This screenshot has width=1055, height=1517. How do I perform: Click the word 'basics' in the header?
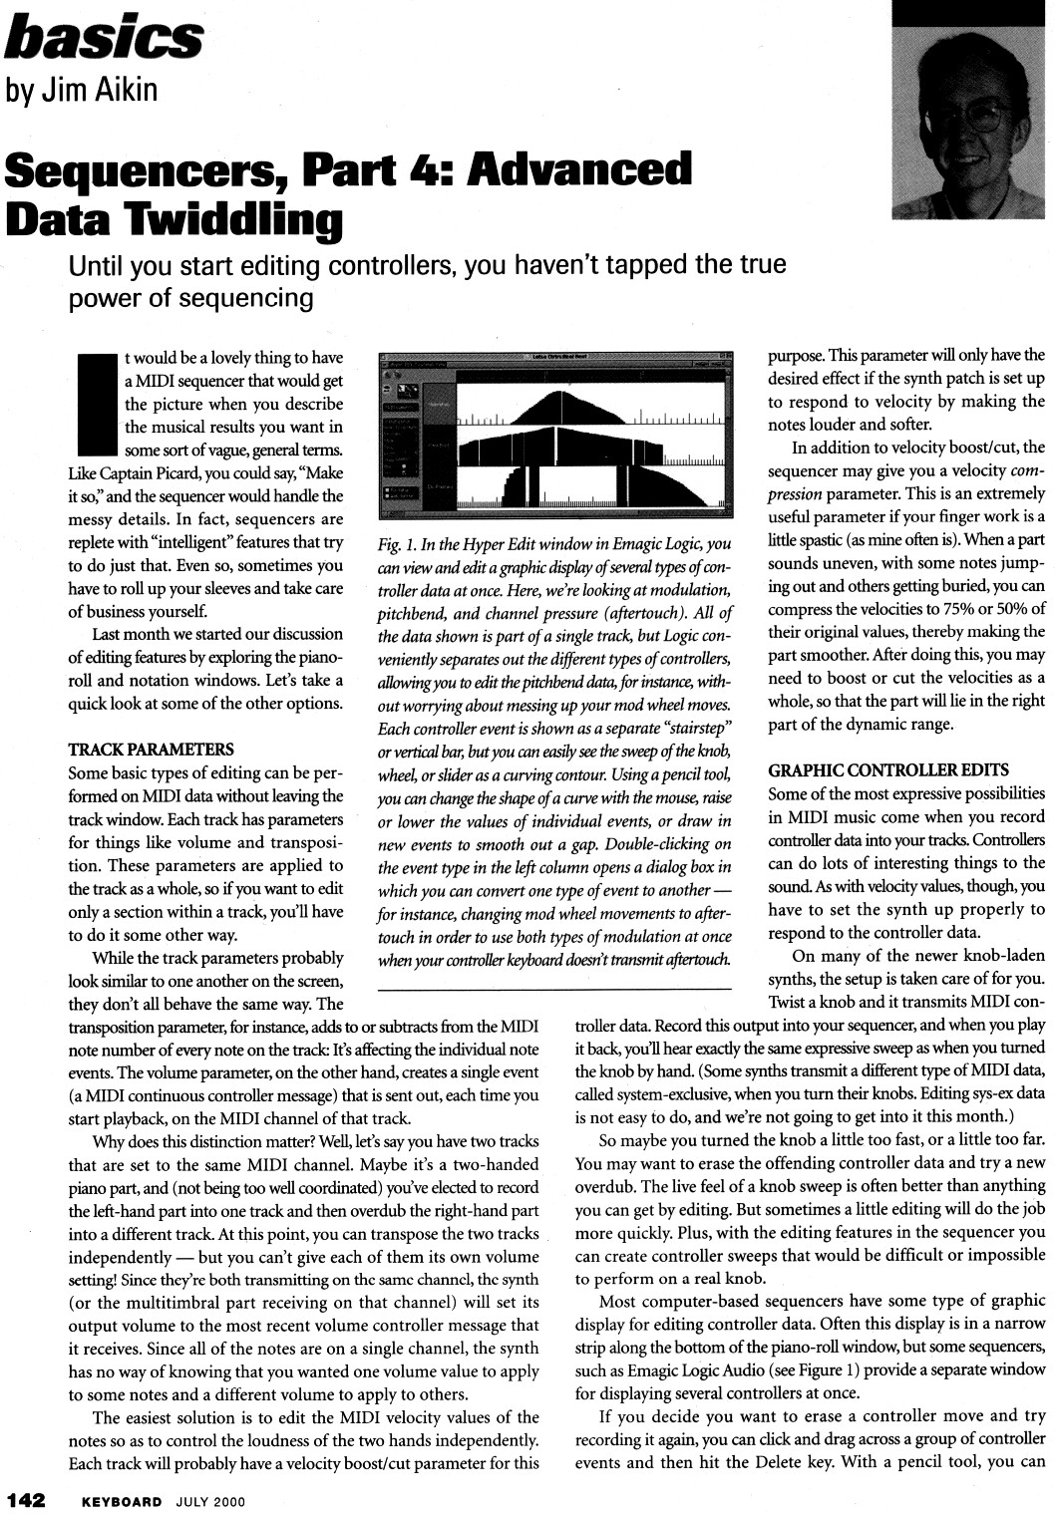coord(104,37)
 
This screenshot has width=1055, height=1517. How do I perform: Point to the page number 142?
coord(27,1501)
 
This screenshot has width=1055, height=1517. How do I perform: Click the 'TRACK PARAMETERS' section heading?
coord(150,750)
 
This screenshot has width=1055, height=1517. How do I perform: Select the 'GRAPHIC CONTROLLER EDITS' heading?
coord(888,770)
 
